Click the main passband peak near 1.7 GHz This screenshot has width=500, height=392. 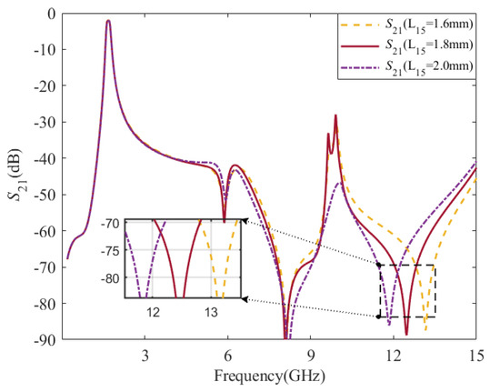coord(108,21)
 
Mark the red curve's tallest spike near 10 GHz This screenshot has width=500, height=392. coord(335,116)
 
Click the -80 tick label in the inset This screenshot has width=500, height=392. coord(112,278)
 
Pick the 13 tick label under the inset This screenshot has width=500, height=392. coord(210,311)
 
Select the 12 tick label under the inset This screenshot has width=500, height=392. coord(153,311)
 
